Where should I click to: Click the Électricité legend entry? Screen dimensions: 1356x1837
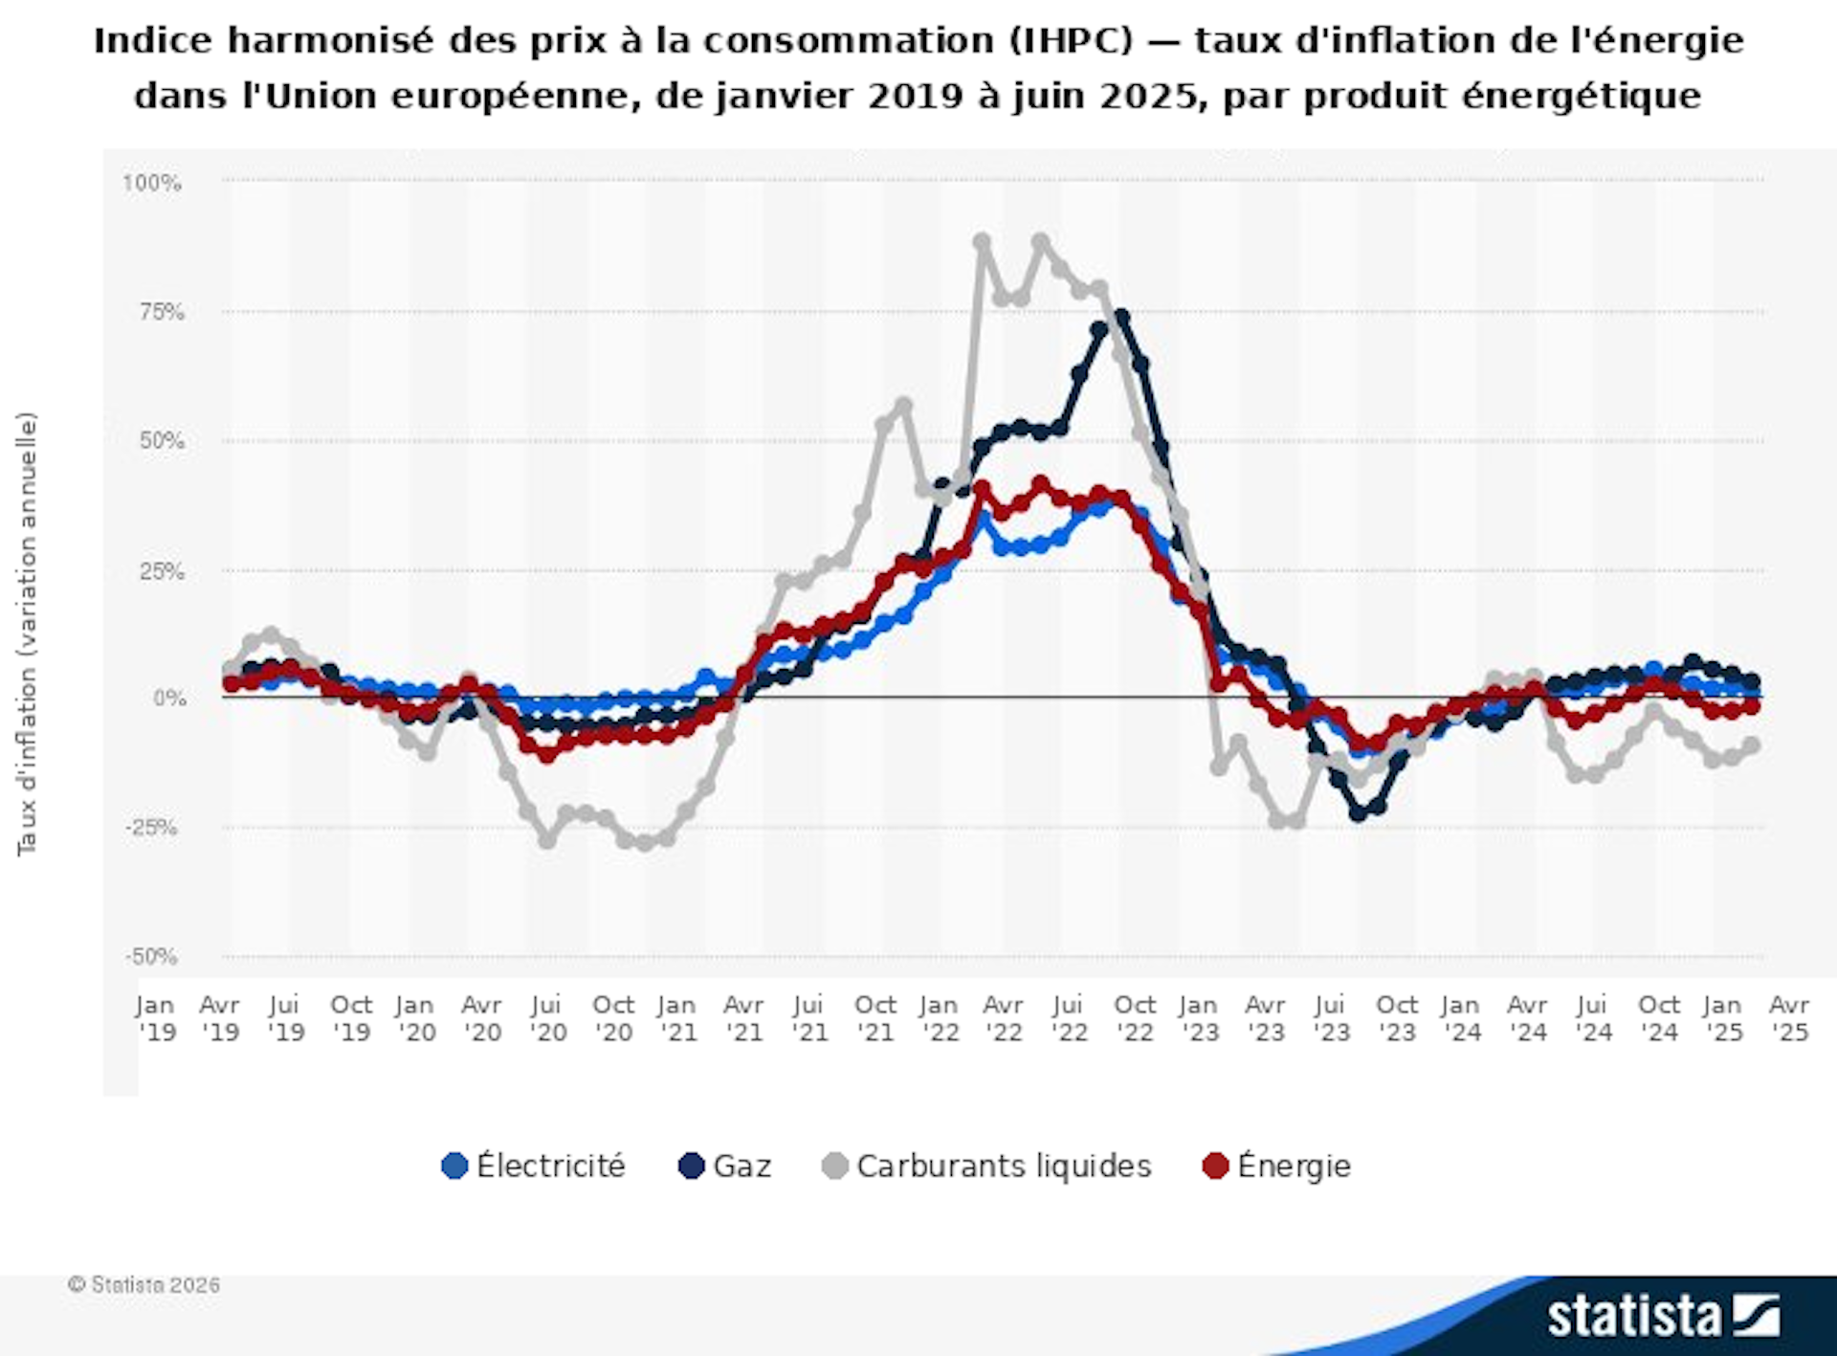(534, 1166)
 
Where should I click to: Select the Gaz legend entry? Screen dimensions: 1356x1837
(725, 1166)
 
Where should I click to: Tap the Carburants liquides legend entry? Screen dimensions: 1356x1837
(987, 1166)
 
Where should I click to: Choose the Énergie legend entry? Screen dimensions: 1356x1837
(1277, 1166)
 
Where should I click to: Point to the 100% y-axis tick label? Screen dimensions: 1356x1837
(152, 183)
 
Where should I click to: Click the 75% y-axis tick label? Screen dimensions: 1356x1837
(162, 312)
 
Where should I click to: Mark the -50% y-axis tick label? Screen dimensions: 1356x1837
(151, 956)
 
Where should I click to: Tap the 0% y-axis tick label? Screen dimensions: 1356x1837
(169, 699)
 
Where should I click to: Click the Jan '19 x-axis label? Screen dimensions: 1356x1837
(156, 1018)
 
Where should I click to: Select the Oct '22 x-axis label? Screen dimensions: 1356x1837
(1135, 1018)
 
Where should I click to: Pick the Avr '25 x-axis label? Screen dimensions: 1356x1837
(1789, 1018)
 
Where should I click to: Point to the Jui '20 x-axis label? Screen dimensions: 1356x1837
(547, 1018)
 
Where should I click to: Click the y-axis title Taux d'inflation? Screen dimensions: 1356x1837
(27, 634)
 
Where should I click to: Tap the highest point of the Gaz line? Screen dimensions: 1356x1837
(1121, 317)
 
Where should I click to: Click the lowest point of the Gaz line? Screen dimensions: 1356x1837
(1358, 813)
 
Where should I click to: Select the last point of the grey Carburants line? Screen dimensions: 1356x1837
(1752, 745)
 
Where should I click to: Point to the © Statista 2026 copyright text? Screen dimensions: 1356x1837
(144, 1285)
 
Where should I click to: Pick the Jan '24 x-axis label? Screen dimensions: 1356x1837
(1461, 1018)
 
